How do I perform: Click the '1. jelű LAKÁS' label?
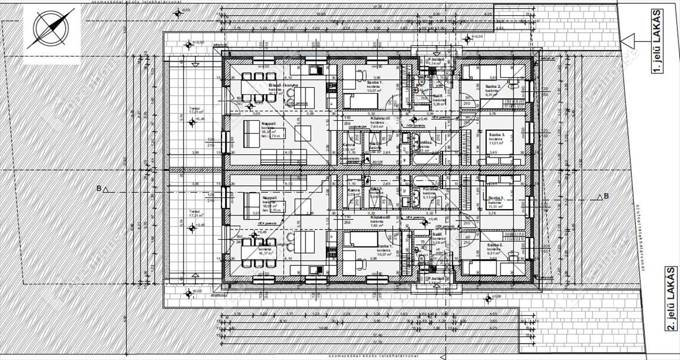click(657, 57)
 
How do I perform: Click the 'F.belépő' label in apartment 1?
click(435, 60)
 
